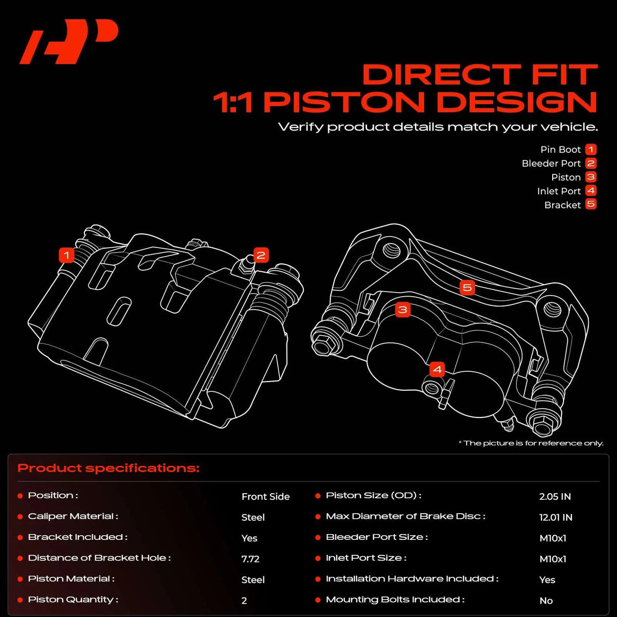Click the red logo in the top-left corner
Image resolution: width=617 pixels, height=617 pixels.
point(69,41)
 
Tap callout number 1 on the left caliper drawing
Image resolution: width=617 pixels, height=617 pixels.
point(67,255)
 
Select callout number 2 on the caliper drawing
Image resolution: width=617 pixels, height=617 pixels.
point(261,255)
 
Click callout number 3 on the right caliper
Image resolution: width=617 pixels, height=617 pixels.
point(403,310)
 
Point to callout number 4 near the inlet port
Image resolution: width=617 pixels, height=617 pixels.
point(438,370)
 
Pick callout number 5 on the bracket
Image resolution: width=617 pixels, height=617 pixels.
point(467,287)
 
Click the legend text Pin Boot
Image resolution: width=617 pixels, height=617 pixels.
point(560,150)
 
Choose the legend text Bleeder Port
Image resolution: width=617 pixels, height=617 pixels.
point(551,164)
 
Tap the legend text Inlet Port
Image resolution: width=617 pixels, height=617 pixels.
point(559,191)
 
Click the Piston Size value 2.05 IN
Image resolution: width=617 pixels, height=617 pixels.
point(555,496)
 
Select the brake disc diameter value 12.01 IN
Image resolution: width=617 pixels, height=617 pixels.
point(556,517)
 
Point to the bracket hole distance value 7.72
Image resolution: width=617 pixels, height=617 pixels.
point(250,559)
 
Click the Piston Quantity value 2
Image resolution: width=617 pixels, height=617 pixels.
point(244,601)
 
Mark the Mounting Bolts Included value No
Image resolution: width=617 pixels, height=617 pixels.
point(546,601)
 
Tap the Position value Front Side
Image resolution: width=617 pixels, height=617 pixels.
point(265,496)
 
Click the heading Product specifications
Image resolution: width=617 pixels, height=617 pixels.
point(108,468)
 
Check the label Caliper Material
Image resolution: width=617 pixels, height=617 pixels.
point(73,516)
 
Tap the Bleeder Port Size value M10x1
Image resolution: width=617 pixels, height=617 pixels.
point(553,538)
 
